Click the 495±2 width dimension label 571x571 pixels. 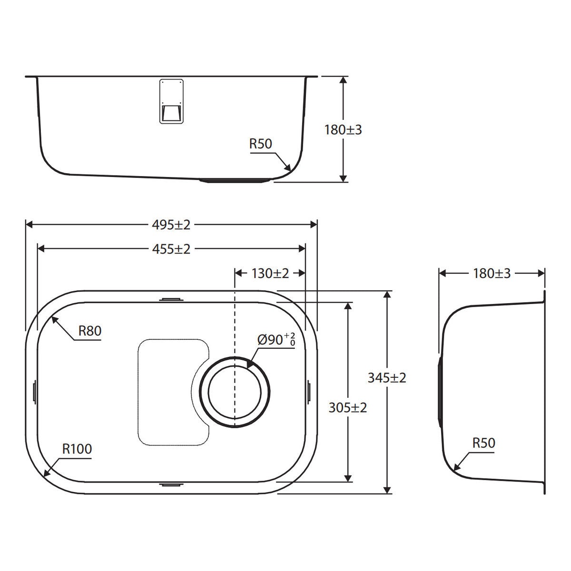click(x=171, y=225)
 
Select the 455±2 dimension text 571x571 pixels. click(x=171, y=249)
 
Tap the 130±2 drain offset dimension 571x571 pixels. click(x=270, y=273)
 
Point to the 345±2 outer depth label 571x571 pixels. click(x=387, y=378)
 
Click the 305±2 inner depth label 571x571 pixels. click(x=347, y=408)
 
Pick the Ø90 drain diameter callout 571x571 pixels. click(x=276, y=340)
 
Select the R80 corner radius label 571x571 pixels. click(x=90, y=331)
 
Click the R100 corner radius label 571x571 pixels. click(x=77, y=449)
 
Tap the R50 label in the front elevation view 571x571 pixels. click(x=260, y=144)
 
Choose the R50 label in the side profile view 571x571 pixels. click(x=483, y=443)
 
